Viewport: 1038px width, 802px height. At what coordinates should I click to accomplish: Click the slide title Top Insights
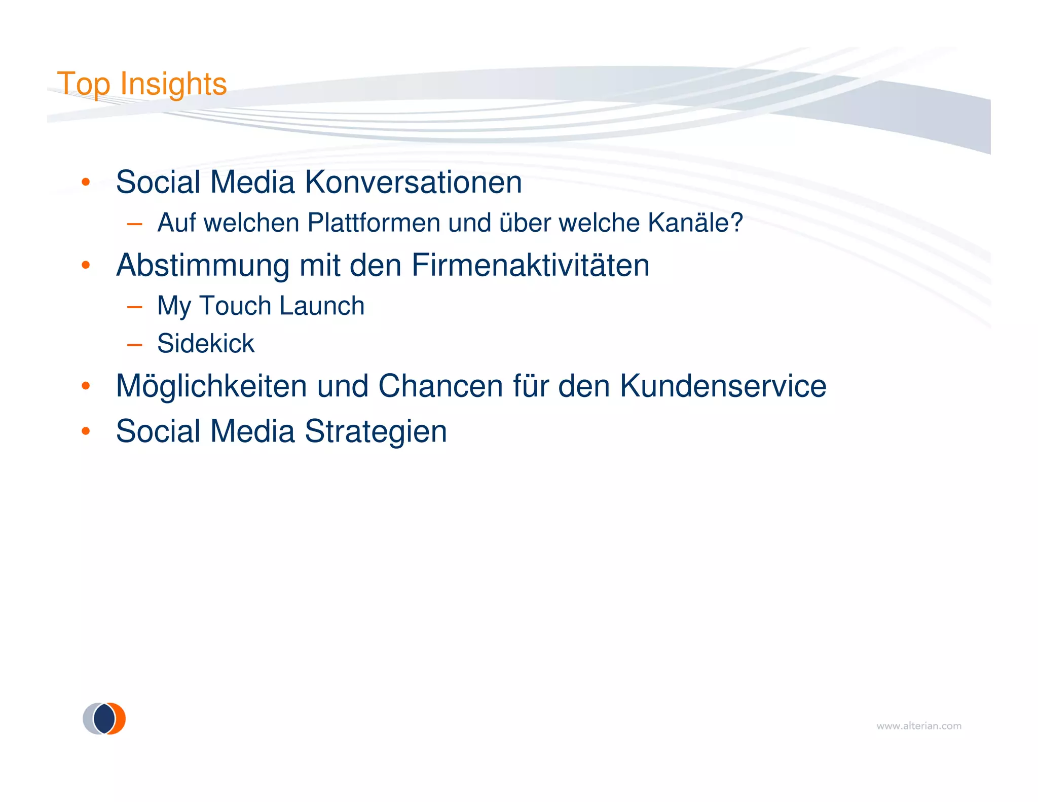pos(141,84)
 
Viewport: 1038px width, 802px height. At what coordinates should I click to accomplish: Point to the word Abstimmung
pos(203,265)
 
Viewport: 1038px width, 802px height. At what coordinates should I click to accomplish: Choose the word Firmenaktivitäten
pos(530,265)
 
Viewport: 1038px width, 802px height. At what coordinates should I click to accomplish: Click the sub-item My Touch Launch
pos(261,306)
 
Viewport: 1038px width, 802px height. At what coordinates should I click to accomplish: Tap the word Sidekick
pos(205,343)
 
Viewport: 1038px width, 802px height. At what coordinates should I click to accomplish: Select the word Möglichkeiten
pos(211,386)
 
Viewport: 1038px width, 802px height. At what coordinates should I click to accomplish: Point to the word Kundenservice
pos(723,386)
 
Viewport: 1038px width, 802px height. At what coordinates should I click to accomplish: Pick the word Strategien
pos(376,431)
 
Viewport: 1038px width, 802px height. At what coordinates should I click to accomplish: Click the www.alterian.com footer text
pos(918,726)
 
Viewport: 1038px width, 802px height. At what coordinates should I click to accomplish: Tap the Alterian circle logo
pos(104,718)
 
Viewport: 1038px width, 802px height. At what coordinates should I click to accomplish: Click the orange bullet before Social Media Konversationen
pos(86,182)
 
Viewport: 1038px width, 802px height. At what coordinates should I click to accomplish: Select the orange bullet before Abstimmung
pos(86,265)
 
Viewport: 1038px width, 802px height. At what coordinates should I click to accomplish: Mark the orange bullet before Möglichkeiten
pos(86,386)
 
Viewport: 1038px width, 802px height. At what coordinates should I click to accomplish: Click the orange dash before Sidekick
pos(134,345)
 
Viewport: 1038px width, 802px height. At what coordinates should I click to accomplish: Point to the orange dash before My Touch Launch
pos(134,307)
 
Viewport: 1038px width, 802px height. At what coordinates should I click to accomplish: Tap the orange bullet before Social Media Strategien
pos(86,431)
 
